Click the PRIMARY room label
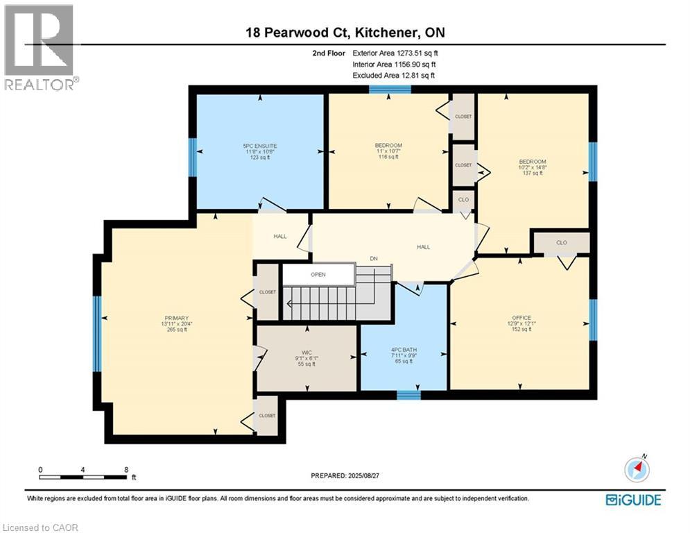177,318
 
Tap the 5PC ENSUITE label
260,145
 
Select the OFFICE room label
521,318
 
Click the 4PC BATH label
403,349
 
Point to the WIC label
307,349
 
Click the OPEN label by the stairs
318,274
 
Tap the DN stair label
373,258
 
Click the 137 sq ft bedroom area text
533,173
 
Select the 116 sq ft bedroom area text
388,157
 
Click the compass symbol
636,470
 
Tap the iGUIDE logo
632,499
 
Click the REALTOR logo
40,47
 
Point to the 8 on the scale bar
126,469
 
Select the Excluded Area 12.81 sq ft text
394,75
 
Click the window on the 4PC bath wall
408,395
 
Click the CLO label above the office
562,243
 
